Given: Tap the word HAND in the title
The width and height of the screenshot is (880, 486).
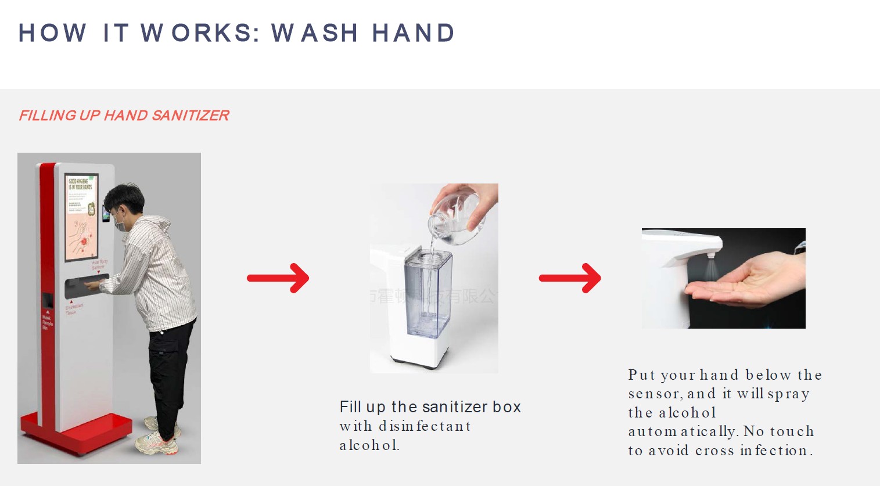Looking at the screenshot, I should tap(414, 33).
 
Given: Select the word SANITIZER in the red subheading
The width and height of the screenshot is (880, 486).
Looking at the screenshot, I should tap(190, 116).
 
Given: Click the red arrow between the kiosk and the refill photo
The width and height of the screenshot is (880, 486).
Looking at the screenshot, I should tap(278, 278).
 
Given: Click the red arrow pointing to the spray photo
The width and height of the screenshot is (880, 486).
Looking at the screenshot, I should tap(570, 278).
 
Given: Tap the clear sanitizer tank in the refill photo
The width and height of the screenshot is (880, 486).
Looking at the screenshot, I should tap(428, 293).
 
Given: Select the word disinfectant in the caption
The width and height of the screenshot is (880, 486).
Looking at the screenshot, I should tap(425, 426).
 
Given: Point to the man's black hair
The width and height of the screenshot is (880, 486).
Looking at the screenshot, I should tap(127, 196).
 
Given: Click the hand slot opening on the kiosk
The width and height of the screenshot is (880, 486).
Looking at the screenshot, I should tap(85, 285).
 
